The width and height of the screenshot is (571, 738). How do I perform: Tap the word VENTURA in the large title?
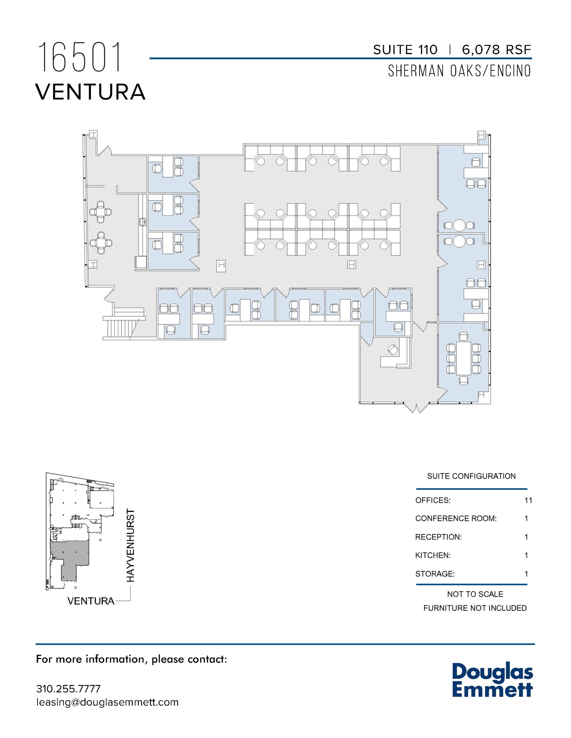[90, 92]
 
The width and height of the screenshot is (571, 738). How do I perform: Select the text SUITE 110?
[405, 50]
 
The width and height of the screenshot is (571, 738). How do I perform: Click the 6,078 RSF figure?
[496, 50]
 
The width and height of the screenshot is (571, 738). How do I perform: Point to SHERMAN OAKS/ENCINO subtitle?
[459, 71]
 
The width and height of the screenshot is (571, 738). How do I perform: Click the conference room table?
[464, 358]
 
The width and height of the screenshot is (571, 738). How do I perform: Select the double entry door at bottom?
[416, 407]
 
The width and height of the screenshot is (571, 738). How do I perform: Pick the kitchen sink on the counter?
[142, 222]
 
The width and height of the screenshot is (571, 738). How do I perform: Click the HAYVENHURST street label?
[131, 545]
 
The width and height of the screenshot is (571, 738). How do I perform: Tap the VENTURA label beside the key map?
[91, 601]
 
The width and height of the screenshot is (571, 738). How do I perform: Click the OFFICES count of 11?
[528, 500]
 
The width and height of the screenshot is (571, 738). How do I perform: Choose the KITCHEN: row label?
[433, 555]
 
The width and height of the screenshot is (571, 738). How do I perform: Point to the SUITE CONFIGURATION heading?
[471, 476]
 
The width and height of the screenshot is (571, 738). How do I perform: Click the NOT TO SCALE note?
[475, 594]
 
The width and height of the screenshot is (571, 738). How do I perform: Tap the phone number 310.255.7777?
[68, 689]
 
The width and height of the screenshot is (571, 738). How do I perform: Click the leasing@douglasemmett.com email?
[107, 702]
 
